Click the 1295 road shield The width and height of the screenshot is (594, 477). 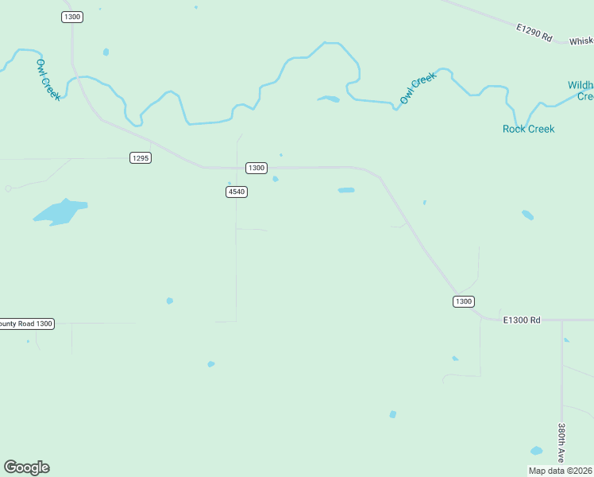(141, 158)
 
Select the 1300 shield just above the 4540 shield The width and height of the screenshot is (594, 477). (256, 168)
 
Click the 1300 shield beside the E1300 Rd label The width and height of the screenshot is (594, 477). (464, 301)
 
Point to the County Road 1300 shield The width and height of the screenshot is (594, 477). (26, 324)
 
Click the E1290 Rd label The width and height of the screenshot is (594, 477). (534, 33)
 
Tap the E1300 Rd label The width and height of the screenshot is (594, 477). (522, 320)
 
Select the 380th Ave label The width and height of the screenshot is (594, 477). (561, 443)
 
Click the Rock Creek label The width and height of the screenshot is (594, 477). (529, 129)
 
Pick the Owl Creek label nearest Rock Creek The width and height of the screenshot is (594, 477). (418, 88)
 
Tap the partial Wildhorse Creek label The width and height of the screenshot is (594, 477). (580, 91)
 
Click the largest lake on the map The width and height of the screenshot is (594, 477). (60, 211)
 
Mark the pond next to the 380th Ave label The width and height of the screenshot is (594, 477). (537, 451)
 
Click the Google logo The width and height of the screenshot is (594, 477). (26, 467)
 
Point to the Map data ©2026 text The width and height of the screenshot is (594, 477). (561, 471)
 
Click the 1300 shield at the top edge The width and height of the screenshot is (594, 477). (72, 17)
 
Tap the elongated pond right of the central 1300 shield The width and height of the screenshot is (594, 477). (346, 190)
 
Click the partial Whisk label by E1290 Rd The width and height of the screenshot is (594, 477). (580, 41)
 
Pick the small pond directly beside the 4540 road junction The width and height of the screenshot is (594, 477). (276, 179)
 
